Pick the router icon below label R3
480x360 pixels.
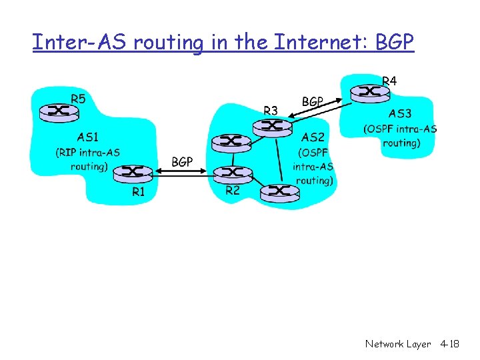pos(270,126)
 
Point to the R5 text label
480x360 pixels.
pos(77,99)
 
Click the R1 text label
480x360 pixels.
pos(138,192)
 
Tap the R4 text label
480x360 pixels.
pos(389,81)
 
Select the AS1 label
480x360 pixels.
pos(88,137)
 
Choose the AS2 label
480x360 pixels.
pos(313,137)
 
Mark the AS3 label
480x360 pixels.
pos(400,114)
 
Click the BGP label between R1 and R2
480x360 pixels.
pos(182,161)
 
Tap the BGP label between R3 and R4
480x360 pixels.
pos(313,102)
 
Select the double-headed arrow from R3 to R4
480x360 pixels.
pos(319,111)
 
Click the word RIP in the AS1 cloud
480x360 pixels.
pos(68,153)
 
